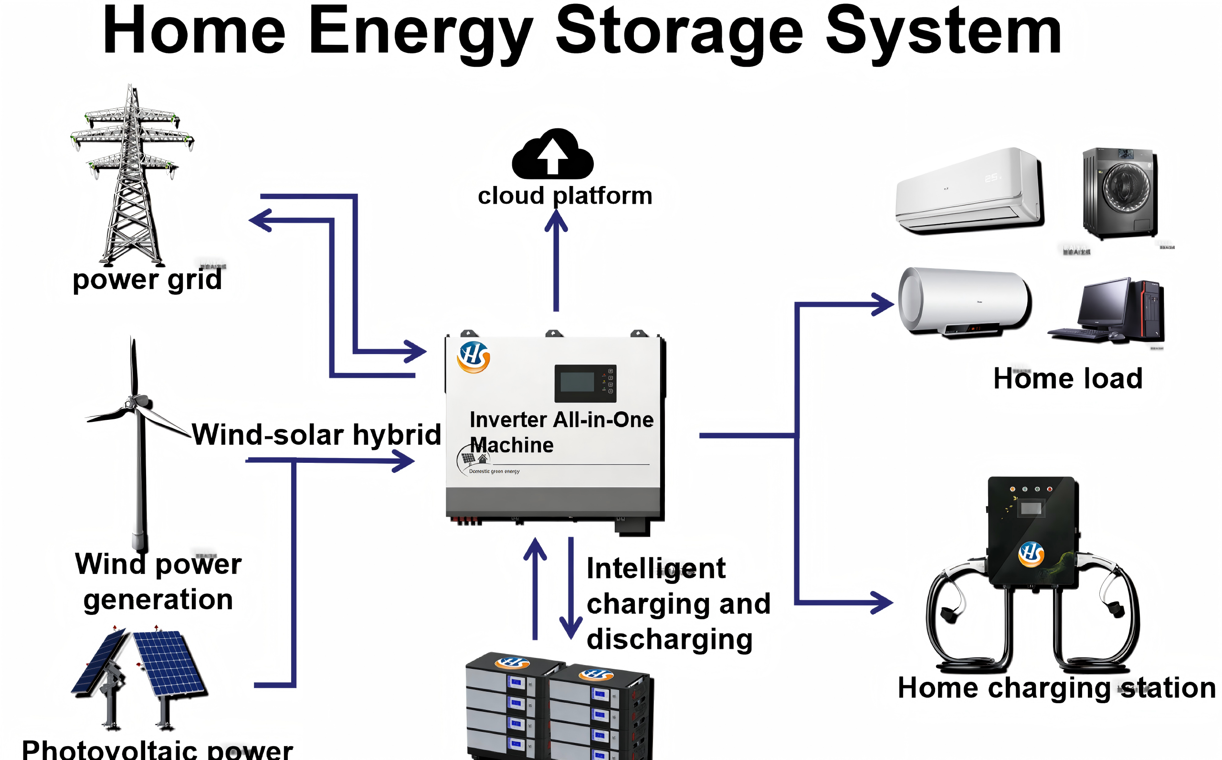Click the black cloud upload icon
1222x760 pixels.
coord(553,154)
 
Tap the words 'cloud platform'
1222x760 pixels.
coord(565,196)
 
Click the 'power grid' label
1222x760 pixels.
coord(147,280)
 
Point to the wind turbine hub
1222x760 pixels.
coord(133,402)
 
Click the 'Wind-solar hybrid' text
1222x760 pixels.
coord(316,434)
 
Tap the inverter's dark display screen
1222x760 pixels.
coord(578,383)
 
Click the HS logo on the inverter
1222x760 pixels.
coord(473,357)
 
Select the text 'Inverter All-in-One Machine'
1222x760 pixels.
coord(561,432)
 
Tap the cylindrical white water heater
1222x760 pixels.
coord(965,302)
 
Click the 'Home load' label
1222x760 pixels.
coord(1068,378)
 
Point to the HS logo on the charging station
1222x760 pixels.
coord(1031,554)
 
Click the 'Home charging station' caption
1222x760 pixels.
coord(1056,687)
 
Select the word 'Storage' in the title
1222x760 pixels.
coord(679,31)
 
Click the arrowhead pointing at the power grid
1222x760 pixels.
coord(260,220)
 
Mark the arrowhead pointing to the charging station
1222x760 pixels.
coord(883,602)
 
